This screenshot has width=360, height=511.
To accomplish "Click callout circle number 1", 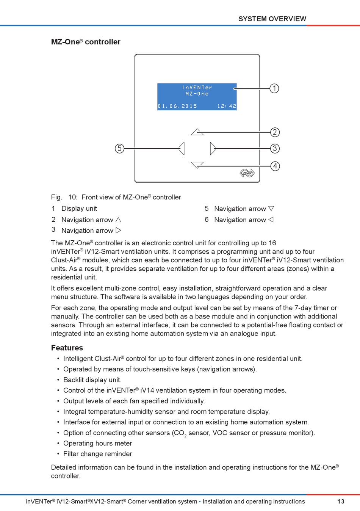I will click(x=274, y=88).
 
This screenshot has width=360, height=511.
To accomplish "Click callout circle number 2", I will click(x=275, y=132).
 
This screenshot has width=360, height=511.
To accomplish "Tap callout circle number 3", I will click(x=275, y=148).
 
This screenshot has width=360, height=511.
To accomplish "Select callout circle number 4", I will click(x=275, y=166).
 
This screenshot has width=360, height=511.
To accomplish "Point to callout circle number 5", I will click(x=119, y=148).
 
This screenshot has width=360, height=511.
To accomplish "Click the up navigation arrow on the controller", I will click(x=197, y=132).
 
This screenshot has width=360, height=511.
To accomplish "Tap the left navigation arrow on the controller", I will click(x=182, y=148).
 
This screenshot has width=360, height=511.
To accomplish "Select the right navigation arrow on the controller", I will click(x=213, y=148).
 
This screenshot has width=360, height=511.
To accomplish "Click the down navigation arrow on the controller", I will click(x=197, y=165).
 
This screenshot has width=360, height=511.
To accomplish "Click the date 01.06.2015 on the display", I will click(x=177, y=106).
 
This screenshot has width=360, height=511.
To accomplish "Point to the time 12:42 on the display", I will click(x=227, y=106).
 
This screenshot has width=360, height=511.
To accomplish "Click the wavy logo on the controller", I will click(x=247, y=173).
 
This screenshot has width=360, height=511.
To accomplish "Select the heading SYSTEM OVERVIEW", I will click(x=272, y=19).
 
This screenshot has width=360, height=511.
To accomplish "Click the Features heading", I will click(x=67, y=348).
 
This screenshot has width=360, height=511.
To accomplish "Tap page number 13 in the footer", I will click(x=341, y=502).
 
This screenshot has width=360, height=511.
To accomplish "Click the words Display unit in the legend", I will click(x=79, y=208).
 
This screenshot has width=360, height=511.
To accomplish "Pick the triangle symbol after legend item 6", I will click(x=271, y=219).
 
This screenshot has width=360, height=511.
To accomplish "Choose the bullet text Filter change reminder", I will click(x=97, y=454).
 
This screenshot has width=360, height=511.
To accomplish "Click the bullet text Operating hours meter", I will click(x=97, y=443).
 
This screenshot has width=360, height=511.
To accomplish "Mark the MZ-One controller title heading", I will click(x=86, y=42).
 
